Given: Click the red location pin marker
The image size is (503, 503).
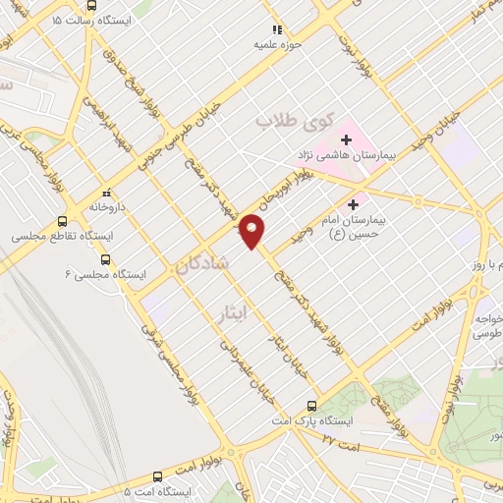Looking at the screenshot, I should [x=252, y=230].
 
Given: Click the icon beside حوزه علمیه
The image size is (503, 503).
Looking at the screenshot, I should [x=276, y=30].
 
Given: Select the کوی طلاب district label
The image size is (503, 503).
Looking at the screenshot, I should [x=290, y=121].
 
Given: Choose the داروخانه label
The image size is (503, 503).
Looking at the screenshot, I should [x=107, y=207].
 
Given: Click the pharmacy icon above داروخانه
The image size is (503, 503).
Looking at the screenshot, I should [x=107, y=194].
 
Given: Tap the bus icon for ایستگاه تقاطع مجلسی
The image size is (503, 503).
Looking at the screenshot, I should [x=63, y=221].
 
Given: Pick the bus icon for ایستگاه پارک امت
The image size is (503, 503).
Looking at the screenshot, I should [x=312, y=405].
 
